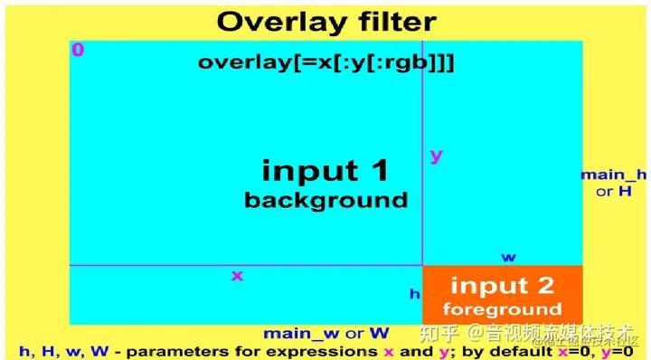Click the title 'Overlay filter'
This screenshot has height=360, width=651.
pyautogui.click(x=326, y=22)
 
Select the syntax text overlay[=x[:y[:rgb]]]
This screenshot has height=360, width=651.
pyautogui.click(x=325, y=62)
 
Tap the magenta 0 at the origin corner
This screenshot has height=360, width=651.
pyautogui.click(x=78, y=50)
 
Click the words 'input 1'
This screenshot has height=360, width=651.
pyautogui.click(x=325, y=170)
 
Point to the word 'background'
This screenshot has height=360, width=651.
pyautogui.click(x=325, y=199)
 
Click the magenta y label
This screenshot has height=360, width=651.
pyautogui.click(x=436, y=156)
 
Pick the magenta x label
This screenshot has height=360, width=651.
pyautogui.click(x=237, y=275)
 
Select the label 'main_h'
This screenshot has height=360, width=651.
pyautogui.click(x=614, y=175)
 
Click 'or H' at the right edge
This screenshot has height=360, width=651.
pyautogui.click(x=613, y=193)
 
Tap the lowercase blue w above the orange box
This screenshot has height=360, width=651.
pyautogui.click(x=509, y=257)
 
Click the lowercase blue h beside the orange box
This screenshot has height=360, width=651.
pyautogui.click(x=414, y=293)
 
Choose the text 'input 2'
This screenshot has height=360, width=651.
pyautogui.click(x=502, y=286)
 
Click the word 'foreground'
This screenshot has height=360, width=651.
pyautogui.click(x=502, y=309)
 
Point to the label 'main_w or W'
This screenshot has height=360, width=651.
pyautogui.click(x=326, y=333)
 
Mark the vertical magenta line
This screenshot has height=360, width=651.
pyautogui.click(x=422, y=136)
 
